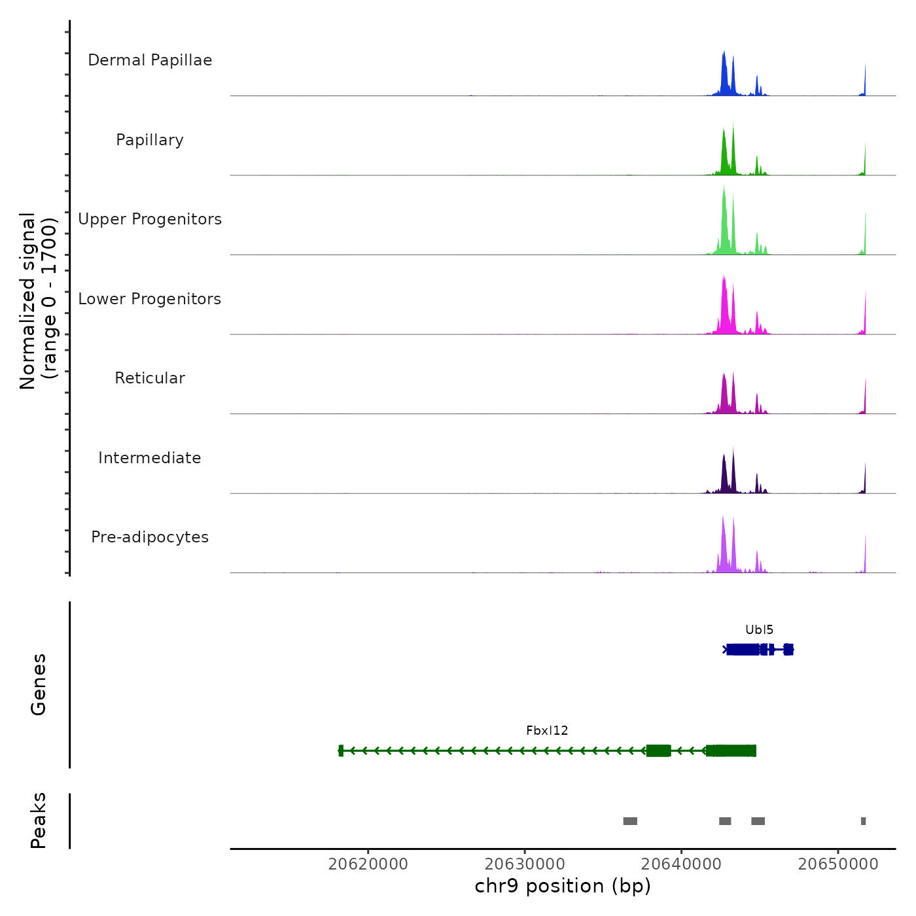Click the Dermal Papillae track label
pyautogui.click(x=150, y=60)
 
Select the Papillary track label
pyautogui.click(x=150, y=140)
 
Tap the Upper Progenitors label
pyautogui.click(x=150, y=219)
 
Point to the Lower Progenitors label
pyautogui.click(x=150, y=299)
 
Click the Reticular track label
pyautogui.click(x=150, y=378)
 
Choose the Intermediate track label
pyautogui.click(x=150, y=458)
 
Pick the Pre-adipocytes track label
pyautogui.click(x=150, y=537)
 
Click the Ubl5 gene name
pyautogui.click(x=759, y=630)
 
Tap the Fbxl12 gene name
pyautogui.click(x=547, y=731)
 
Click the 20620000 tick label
pyautogui.click(x=368, y=864)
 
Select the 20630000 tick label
pyautogui.click(x=525, y=864)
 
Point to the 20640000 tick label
pyautogui.click(x=681, y=864)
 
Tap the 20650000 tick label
pyautogui.click(x=838, y=864)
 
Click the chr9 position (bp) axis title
pyautogui.click(x=563, y=887)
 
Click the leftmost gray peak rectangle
pyautogui.click(x=630, y=821)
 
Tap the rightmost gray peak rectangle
pyautogui.click(x=863, y=821)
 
